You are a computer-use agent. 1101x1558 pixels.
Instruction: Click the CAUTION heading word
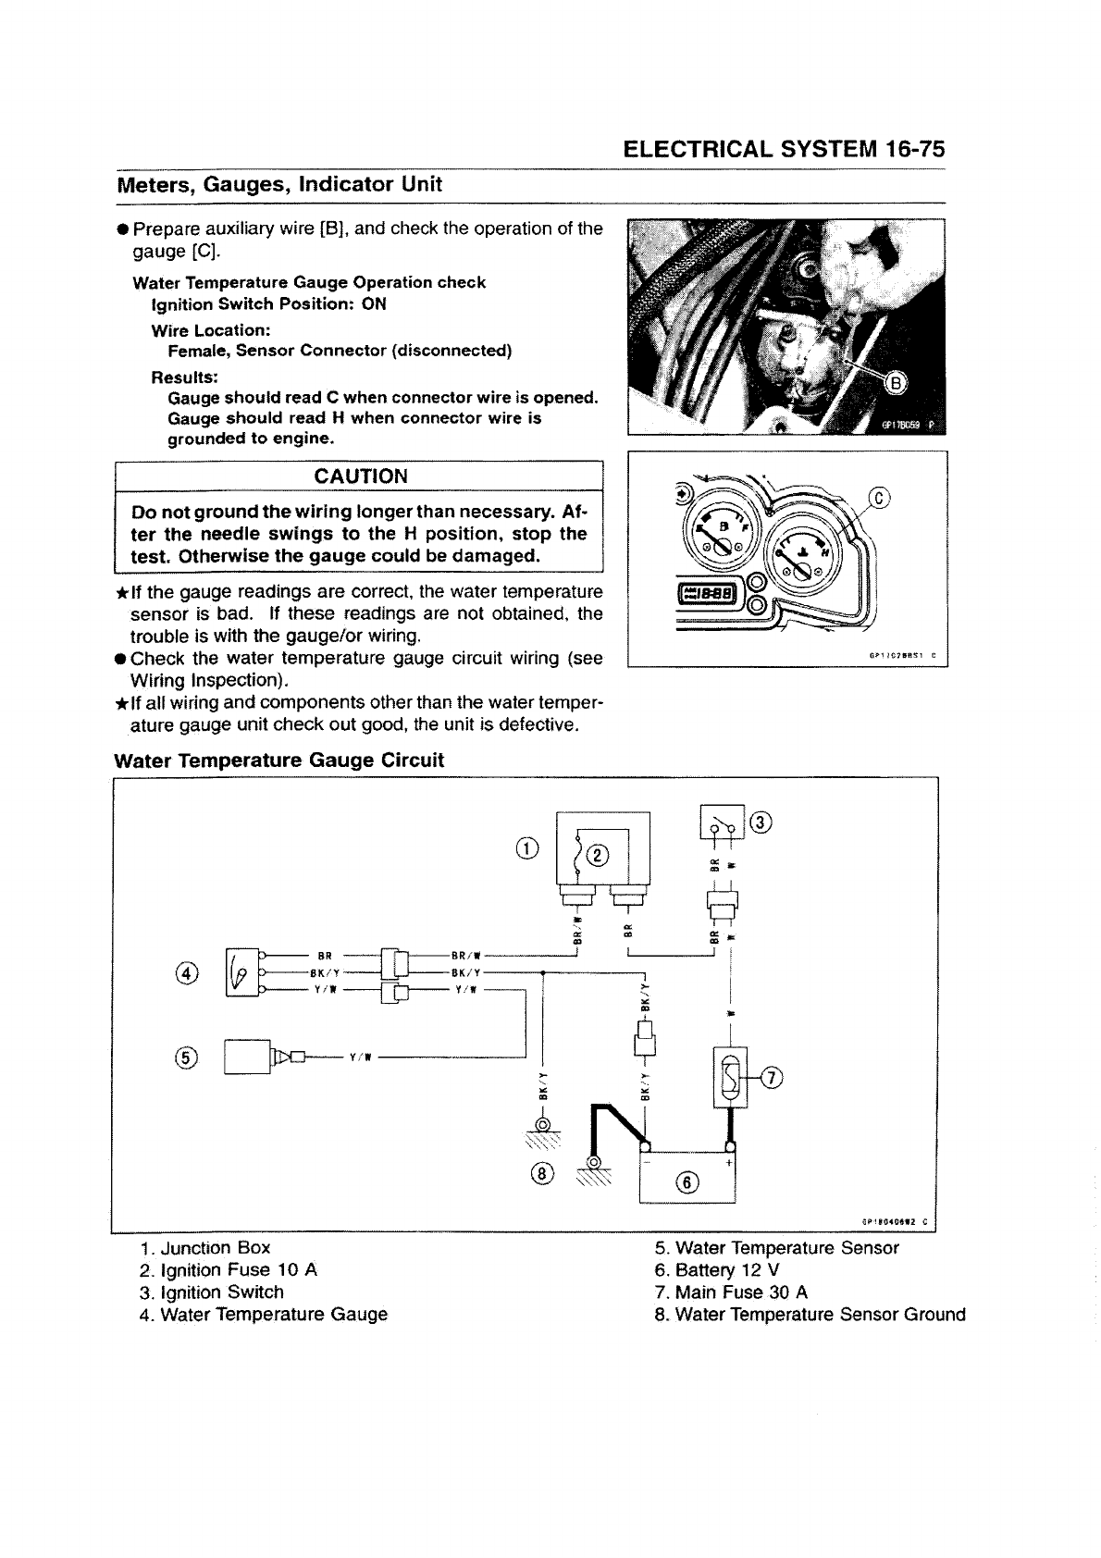click(x=361, y=476)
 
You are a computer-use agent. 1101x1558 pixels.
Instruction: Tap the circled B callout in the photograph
click(x=897, y=384)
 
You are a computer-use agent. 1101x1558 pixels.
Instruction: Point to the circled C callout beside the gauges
click(x=880, y=500)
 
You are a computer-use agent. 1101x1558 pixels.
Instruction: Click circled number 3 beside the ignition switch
click(x=761, y=822)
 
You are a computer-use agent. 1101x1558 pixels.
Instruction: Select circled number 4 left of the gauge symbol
click(x=187, y=972)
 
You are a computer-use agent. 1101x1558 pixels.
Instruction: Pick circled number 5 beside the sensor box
click(x=187, y=1058)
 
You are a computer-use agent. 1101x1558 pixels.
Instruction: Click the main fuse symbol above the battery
click(x=731, y=1078)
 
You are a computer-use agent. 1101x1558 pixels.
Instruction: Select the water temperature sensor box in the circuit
click(x=245, y=1057)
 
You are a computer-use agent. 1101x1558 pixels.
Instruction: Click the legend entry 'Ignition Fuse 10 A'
click(x=228, y=1270)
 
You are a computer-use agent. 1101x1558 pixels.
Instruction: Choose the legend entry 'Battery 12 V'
click(x=716, y=1270)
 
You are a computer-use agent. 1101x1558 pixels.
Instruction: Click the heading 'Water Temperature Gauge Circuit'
click(x=278, y=760)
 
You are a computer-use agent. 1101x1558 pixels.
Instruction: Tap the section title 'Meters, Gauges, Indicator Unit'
click(x=278, y=184)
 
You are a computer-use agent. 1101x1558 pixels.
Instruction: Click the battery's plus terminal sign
click(x=728, y=1162)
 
